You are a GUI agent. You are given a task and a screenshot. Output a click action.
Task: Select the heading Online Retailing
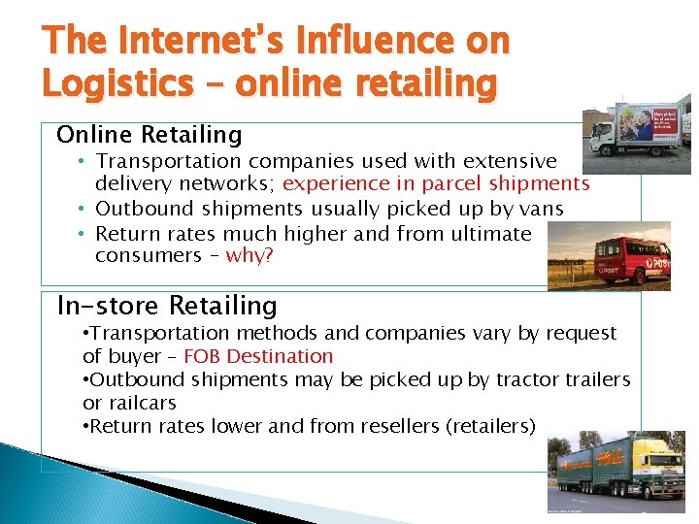pos(149,134)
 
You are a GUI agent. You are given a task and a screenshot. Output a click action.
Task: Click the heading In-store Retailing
pos(167,306)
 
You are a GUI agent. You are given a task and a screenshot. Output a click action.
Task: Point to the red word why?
pos(250,255)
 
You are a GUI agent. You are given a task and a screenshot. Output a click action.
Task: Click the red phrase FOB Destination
pos(258,356)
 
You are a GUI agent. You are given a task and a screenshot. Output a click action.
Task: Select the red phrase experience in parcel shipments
pos(436,184)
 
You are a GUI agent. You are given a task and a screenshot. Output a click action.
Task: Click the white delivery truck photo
pos(636,126)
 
